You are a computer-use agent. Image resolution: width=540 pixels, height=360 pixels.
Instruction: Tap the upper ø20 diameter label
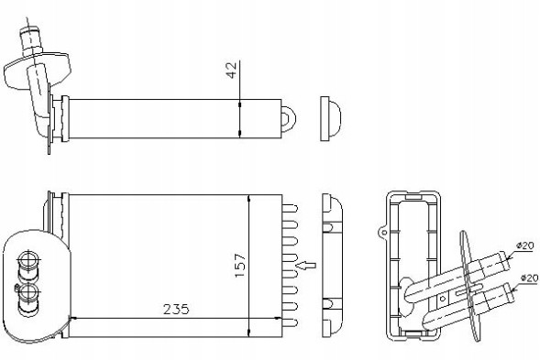(526, 245)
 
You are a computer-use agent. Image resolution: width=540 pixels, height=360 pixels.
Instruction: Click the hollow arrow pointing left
(308, 267)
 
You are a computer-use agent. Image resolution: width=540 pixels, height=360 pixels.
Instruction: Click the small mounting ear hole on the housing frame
(380, 233)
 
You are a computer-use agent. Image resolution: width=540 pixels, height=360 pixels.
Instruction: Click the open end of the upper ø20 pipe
(508, 260)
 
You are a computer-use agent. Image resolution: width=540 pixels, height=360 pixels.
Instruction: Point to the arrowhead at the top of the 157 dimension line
(249, 198)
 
